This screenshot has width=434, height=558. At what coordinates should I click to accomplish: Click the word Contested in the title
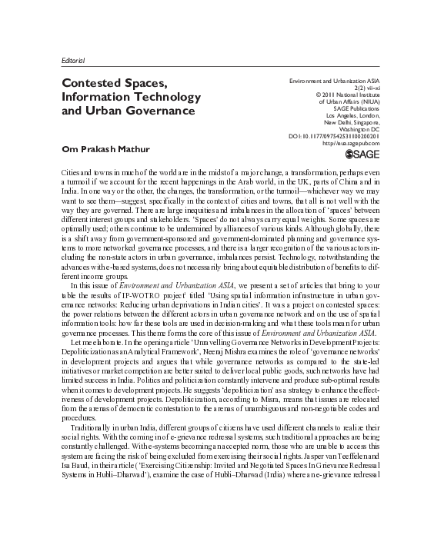coord(95,82)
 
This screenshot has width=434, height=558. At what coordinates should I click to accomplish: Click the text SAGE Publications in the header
coord(349,108)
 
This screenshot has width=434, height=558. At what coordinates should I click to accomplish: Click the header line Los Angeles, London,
coord(348,115)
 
